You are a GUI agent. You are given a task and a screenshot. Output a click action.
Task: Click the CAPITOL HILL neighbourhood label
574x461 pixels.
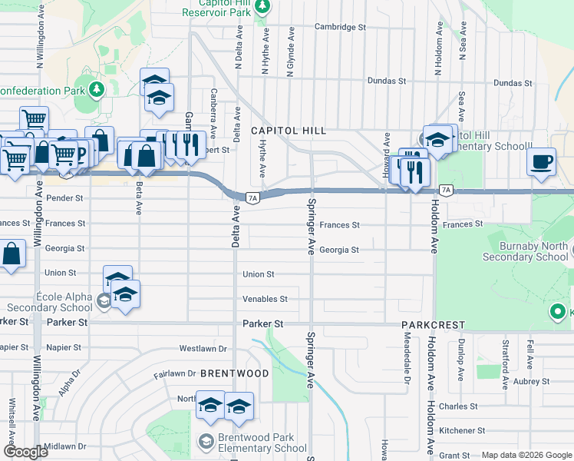[x=289, y=131]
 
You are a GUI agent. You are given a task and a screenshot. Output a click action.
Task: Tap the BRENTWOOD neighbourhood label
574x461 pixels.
[x=235, y=373]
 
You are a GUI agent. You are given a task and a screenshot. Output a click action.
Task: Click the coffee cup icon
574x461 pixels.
[x=542, y=162]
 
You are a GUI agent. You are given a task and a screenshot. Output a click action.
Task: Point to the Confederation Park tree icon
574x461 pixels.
[x=97, y=89]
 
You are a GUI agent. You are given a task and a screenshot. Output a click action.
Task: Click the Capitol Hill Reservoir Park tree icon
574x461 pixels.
[x=262, y=7]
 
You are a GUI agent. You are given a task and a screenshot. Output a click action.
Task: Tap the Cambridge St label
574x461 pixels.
[x=340, y=27]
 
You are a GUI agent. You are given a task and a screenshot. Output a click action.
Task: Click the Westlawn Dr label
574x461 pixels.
[x=203, y=349]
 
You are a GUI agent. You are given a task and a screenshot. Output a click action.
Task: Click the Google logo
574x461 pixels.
[x=25, y=452]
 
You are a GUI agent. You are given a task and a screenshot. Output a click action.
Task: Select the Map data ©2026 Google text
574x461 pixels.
[x=526, y=455]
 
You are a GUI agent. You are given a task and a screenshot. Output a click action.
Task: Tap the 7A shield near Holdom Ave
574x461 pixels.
[x=445, y=190]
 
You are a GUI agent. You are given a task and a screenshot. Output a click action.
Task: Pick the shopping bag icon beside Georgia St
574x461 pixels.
[x=12, y=254]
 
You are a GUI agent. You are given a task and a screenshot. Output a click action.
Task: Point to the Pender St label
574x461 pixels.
[x=64, y=198]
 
